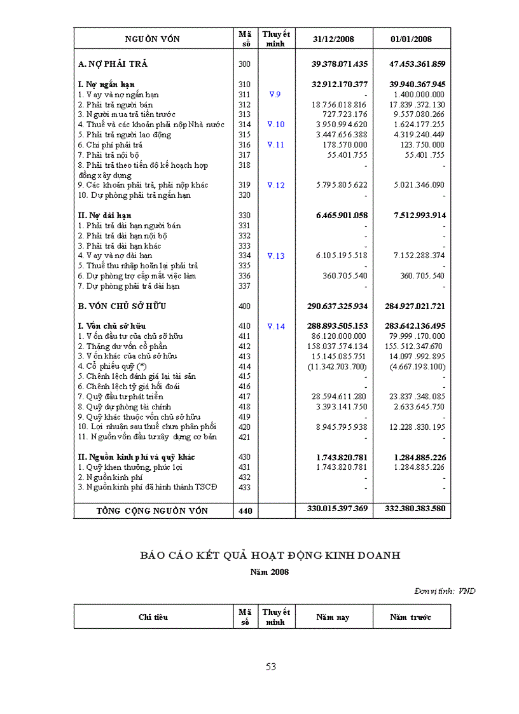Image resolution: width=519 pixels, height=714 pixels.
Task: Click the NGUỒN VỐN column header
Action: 152,39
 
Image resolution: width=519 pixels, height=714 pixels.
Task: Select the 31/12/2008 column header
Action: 334,39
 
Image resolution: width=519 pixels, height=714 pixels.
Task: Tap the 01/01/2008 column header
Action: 412,39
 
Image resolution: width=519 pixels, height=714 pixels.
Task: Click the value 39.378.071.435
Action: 340,64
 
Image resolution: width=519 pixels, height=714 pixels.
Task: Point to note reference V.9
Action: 275,94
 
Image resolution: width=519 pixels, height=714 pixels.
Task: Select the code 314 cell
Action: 245,125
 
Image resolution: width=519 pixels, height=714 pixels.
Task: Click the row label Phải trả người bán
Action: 115,104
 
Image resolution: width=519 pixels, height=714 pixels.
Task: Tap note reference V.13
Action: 275,256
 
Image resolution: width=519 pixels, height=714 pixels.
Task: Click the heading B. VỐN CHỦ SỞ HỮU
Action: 122,306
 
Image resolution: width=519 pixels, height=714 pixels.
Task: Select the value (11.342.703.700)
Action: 337,366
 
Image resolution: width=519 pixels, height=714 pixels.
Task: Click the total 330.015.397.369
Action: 337,509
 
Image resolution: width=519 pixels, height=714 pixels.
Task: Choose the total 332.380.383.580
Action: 415,509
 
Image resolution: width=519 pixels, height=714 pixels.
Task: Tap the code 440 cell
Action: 245,511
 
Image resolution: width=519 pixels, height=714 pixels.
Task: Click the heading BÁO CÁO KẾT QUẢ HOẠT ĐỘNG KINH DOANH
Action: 270,555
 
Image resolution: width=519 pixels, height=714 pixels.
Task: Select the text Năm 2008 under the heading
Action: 270,572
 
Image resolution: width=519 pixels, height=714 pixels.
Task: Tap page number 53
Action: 270,667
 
